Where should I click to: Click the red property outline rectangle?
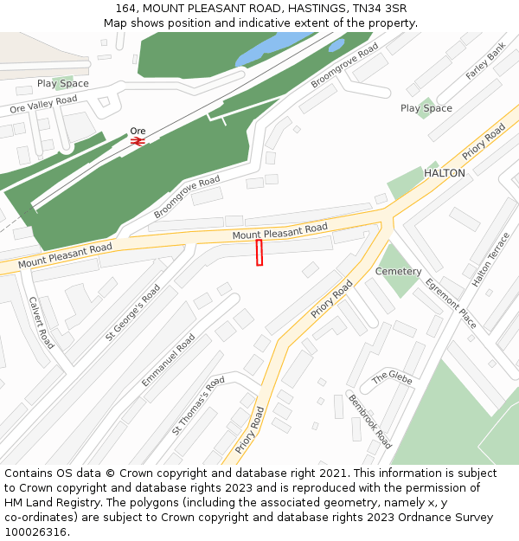click(x=259, y=253)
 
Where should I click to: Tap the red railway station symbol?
click(x=138, y=141)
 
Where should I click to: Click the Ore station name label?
click(x=138, y=131)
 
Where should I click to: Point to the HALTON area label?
click(x=444, y=173)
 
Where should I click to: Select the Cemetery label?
click(x=398, y=271)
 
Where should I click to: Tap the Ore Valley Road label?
click(x=43, y=105)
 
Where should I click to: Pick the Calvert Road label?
click(x=42, y=323)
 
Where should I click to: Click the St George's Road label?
click(x=133, y=312)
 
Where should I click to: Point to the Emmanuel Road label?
click(x=169, y=360)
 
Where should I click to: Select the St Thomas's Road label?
click(x=198, y=405)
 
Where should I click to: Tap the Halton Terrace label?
click(x=491, y=259)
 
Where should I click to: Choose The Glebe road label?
click(x=392, y=377)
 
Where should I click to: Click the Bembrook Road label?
click(x=370, y=422)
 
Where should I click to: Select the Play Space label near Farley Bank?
click(x=426, y=108)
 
